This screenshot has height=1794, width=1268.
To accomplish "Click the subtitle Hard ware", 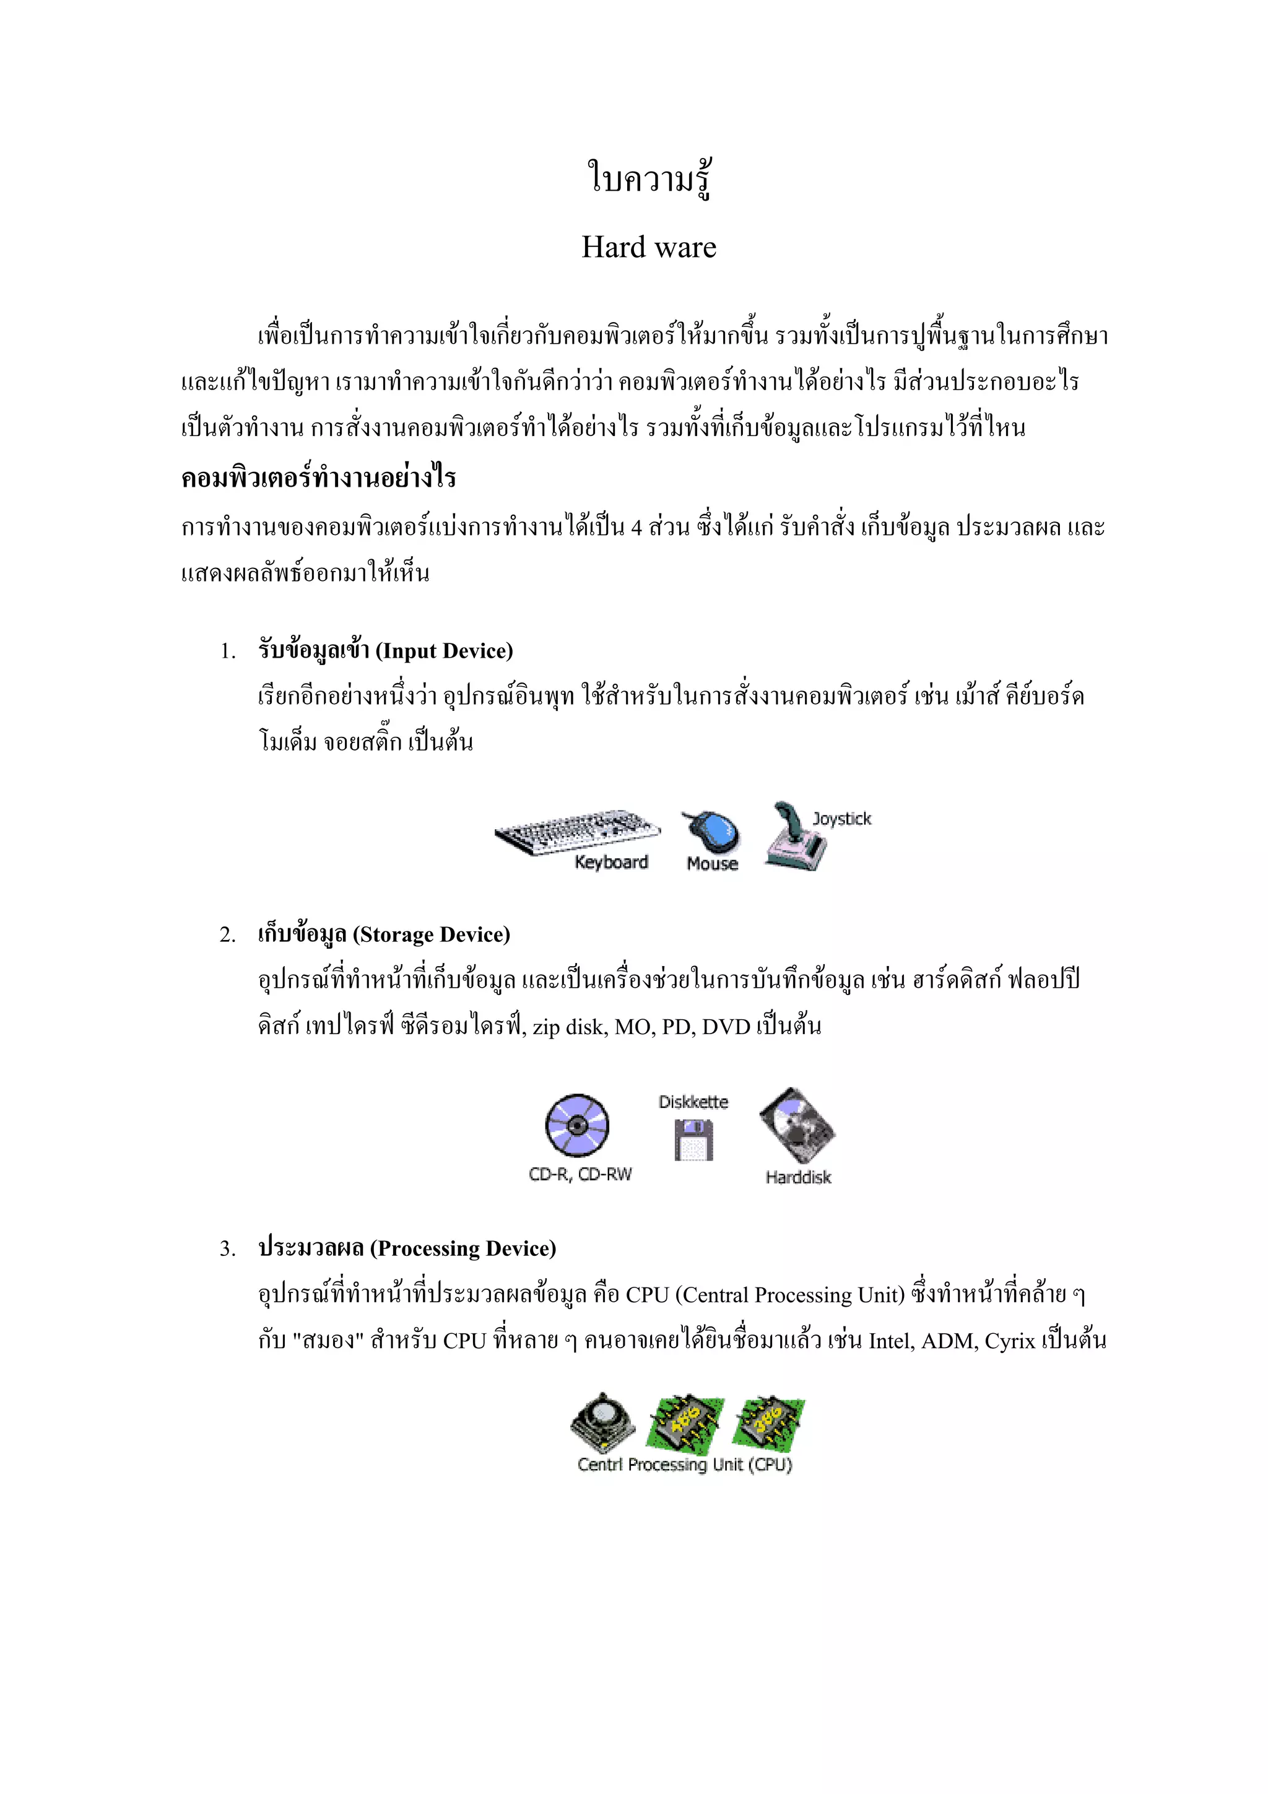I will tap(648, 247).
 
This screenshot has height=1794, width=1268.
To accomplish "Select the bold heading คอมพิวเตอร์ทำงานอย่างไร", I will tap(318, 477).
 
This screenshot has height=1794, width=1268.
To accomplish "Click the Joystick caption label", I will tap(841, 818).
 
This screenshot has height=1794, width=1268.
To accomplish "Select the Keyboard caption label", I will tap(611, 862).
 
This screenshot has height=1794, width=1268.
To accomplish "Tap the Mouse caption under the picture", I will tap(712, 863).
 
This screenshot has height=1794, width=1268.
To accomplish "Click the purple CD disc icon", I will tap(578, 1125).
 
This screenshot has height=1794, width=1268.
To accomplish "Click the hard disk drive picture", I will tap(797, 1125).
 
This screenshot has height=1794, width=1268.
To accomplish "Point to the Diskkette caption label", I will tap(693, 1102).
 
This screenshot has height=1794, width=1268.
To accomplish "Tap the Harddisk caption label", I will tap(797, 1177).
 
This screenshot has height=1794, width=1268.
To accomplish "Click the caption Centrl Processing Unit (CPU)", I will tap(684, 1465).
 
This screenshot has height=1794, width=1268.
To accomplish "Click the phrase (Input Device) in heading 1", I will tap(444, 651).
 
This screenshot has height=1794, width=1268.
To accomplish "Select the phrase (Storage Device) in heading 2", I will tap(432, 934).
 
